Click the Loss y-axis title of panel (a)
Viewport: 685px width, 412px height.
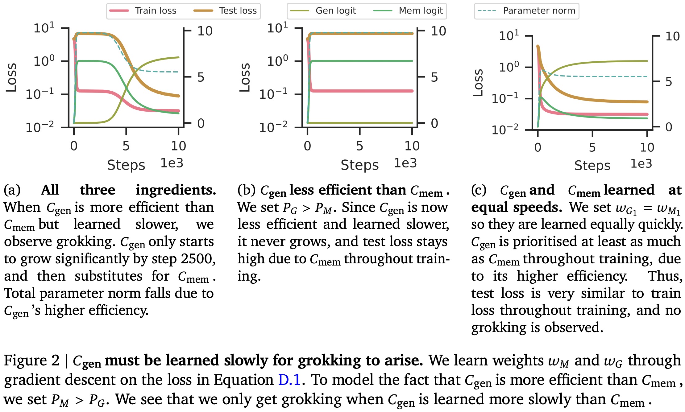click(11, 77)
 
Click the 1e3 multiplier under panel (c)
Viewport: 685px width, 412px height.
click(641, 163)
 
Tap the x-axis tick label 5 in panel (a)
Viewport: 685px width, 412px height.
click(126, 146)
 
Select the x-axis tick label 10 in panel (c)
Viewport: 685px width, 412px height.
click(647, 147)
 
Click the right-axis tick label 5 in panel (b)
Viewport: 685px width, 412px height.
click(434, 77)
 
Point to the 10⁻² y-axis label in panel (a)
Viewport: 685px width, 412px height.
click(40, 127)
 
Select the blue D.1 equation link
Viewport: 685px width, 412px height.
click(289, 380)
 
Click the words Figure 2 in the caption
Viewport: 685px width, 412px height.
click(31, 360)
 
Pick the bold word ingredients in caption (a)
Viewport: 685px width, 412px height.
click(176, 190)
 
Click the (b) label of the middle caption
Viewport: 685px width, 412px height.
click(246, 190)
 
